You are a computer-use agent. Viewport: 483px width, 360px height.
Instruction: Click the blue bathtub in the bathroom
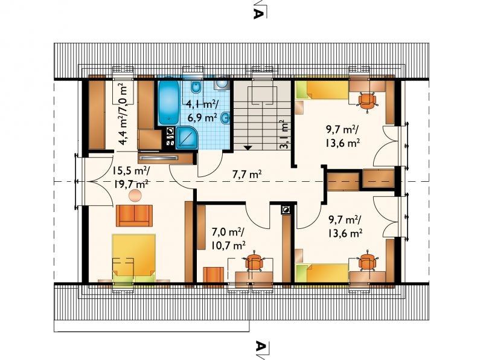coord(168,102)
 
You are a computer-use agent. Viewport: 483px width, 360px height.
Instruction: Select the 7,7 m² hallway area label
coord(247,175)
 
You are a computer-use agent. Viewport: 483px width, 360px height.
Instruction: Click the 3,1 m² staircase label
coord(284,134)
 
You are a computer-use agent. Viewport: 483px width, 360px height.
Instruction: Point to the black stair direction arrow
coord(248,147)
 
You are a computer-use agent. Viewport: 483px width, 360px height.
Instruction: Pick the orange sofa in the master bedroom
coord(134,216)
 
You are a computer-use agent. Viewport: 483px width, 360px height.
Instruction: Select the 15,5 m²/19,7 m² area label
coord(130,177)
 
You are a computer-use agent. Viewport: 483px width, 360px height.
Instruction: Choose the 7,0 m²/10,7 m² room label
coord(228,238)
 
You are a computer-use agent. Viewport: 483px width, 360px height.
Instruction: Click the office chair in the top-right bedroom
coord(367,100)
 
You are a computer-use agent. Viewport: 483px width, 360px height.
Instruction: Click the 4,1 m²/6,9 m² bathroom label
coord(202,111)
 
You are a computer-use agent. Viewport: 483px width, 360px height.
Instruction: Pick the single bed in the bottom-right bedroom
coord(322,274)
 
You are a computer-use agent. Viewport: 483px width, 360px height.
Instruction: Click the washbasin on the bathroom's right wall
coord(226,117)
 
